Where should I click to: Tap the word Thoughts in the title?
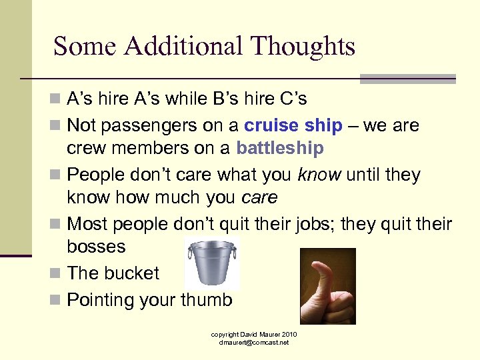[303, 47]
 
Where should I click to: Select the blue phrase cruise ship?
[293, 125]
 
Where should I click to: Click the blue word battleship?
[279, 147]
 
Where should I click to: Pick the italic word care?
[259, 197]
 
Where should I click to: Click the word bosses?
[96, 246]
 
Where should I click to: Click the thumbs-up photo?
[327, 286]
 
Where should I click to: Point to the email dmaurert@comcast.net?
[254, 343]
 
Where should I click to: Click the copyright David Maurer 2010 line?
[254, 334]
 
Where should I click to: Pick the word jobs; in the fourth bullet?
[307, 224]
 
